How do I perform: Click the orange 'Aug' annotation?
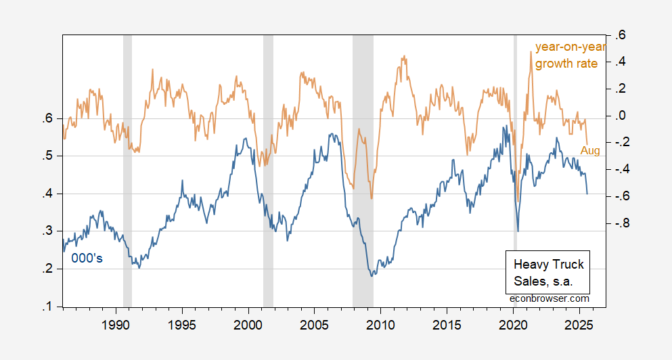tap(590, 151)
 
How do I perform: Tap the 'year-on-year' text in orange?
tap(570, 47)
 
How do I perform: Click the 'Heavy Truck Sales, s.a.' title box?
tap(548, 272)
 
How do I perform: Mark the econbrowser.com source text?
tap(549, 298)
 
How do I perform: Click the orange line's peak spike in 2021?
tap(531, 52)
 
